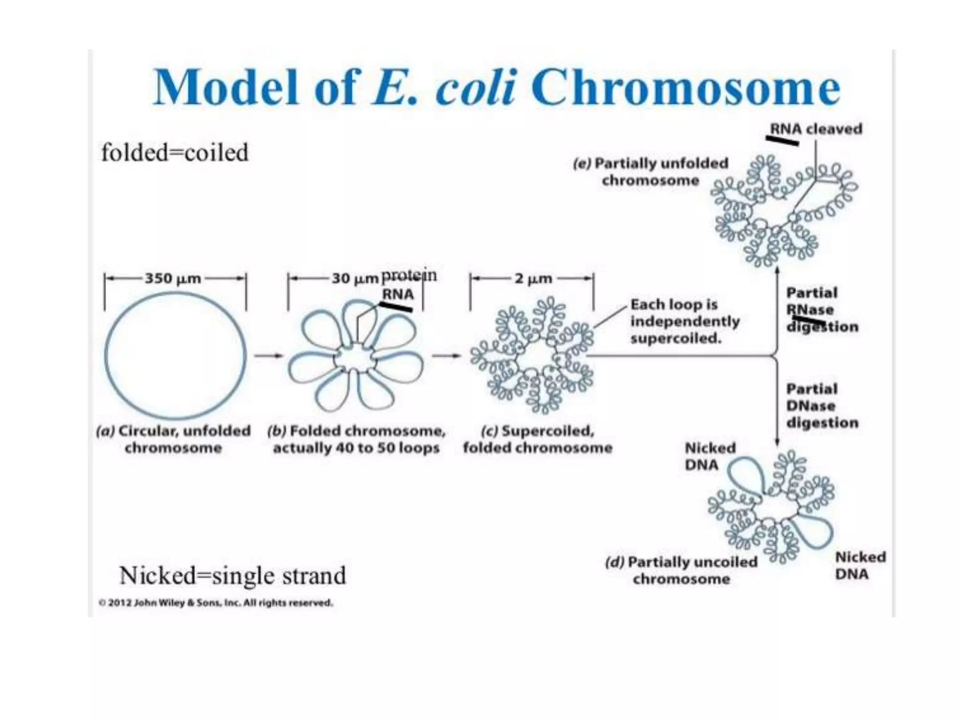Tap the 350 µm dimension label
pos(173,278)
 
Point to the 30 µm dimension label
pos(355,278)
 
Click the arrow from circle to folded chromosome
pos(269,355)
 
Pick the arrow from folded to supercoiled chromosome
pos(446,355)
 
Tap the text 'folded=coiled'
pos(175,153)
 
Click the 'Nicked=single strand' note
pos(232,575)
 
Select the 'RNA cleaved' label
pos(816,129)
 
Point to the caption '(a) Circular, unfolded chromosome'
pos(173,439)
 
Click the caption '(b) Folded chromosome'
pos(356,439)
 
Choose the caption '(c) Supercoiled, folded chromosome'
pos(538,439)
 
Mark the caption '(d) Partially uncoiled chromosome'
pos(681,570)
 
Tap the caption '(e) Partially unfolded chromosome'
pos(651,172)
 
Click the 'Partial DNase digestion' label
pos(822,405)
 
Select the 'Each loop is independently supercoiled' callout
pos(684,321)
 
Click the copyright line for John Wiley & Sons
pos(216,603)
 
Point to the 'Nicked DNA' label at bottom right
pos(860,565)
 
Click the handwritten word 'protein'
pos(409,275)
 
